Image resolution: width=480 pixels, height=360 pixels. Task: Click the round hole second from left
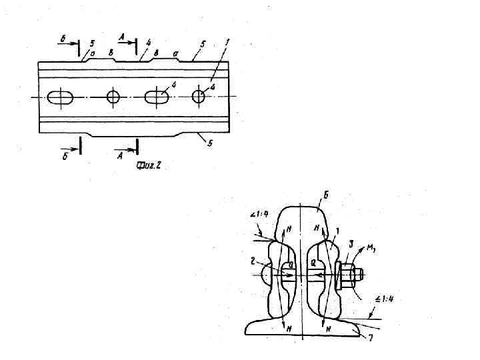[x=113, y=97]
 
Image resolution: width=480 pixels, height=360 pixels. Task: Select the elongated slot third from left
[x=157, y=97]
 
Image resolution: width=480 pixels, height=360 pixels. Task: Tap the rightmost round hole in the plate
[x=198, y=97]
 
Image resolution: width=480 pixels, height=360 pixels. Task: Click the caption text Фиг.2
[x=148, y=165]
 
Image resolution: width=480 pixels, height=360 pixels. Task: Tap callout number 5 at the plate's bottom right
[x=210, y=143]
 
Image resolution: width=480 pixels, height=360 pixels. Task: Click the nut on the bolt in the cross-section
[x=346, y=274]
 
